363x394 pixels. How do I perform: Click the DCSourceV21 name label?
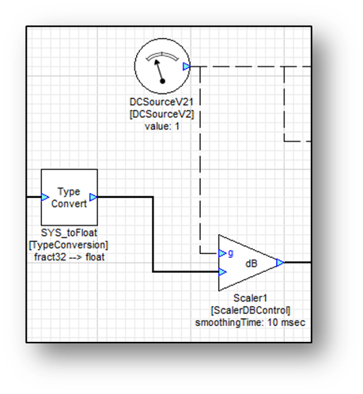[x=161, y=102]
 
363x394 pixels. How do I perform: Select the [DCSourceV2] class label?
[x=161, y=114]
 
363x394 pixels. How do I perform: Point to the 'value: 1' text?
[x=162, y=127]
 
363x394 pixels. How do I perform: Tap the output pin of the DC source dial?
[x=187, y=66]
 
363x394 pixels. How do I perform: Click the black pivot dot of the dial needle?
[x=163, y=81]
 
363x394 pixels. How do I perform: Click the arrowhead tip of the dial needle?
[x=156, y=61]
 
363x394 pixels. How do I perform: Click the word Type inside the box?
[x=69, y=191]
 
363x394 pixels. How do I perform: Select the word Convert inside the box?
[x=69, y=203]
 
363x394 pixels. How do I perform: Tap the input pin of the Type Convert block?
[x=45, y=197]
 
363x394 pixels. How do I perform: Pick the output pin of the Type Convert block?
[x=93, y=197]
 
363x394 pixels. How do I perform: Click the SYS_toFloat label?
[x=69, y=233]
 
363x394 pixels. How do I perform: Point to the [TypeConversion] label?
[x=69, y=245]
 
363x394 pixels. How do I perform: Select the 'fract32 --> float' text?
[x=70, y=257]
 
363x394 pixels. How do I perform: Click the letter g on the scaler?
[x=231, y=253]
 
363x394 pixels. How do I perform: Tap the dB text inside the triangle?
[x=251, y=263]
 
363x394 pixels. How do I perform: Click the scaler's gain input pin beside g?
[x=222, y=253]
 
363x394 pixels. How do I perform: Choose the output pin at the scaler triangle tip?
[x=280, y=263]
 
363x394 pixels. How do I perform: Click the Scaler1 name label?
[x=251, y=298]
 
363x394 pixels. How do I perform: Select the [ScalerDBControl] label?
[x=251, y=310]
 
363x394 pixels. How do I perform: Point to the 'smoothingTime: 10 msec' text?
[x=250, y=323]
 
